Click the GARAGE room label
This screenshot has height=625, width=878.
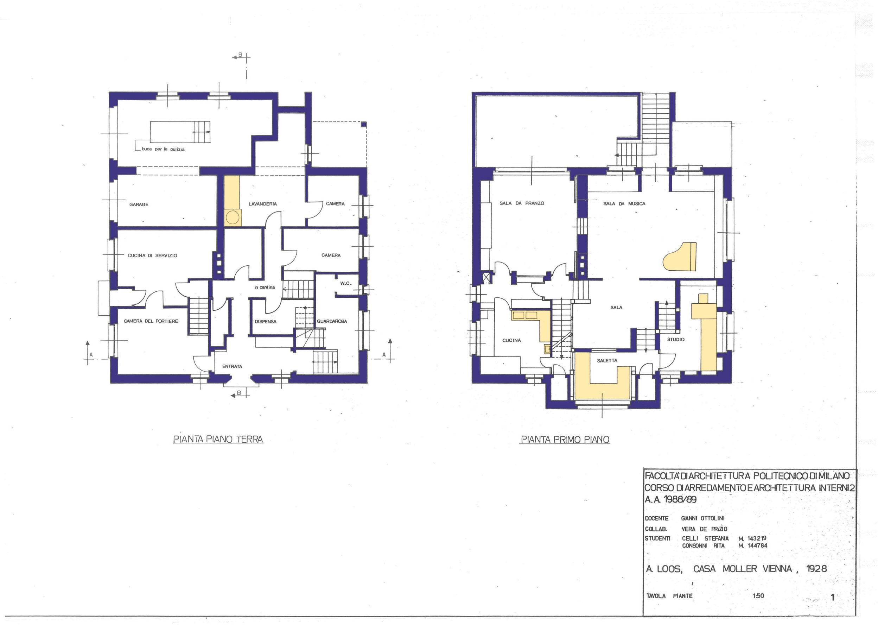pyautogui.click(x=139, y=204)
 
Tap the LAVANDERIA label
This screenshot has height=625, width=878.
pyautogui.click(x=263, y=204)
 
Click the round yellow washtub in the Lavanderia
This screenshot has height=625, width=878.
pyautogui.click(x=232, y=218)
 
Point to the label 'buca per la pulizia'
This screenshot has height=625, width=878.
pyautogui.click(x=163, y=149)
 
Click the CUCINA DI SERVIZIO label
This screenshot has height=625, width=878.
pyautogui.click(x=152, y=255)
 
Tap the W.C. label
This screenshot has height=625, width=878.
pyautogui.click(x=345, y=284)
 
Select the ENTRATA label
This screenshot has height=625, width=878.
pyautogui.click(x=232, y=366)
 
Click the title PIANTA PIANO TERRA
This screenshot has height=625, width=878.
pyautogui.click(x=218, y=440)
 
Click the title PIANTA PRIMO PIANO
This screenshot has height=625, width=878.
pyautogui.click(x=565, y=440)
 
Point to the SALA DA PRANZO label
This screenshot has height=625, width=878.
pyautogui.click(x=522, y=203)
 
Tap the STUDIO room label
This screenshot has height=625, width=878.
pyautogui.click(x=676, y=340)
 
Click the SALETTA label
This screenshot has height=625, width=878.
pyautogui.click(x=607, y=361)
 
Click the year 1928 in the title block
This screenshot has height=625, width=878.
pyautogui.click(x=816, y=569)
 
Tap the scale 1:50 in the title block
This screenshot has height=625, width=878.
pyautogui.click(x=758, y=596)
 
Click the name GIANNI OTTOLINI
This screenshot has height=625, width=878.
pyautogui.click(x=702, y=518)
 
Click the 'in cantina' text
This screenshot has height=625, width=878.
pyautogui.click(x=265, y=287)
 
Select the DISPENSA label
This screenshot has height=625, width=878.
pyautogui.click(x=265, y=321)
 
